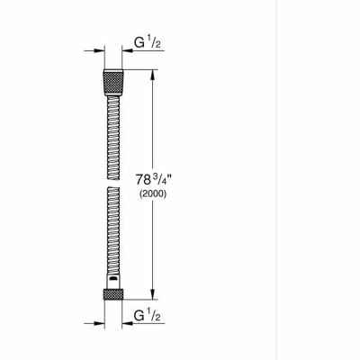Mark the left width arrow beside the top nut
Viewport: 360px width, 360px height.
(x=93, y=51)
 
